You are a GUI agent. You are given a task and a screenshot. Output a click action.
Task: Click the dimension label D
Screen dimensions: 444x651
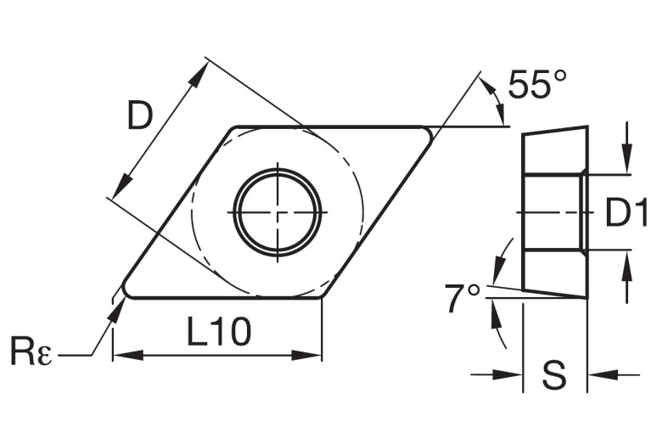coord(140,115)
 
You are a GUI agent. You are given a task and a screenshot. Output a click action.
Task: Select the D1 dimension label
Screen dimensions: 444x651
coord(626,214)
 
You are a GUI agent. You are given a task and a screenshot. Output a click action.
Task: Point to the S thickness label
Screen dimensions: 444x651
coord(554,374)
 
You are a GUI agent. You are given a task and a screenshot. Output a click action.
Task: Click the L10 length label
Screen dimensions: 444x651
coord(218,332)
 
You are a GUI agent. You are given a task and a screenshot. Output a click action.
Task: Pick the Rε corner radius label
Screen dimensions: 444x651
coord(31,351)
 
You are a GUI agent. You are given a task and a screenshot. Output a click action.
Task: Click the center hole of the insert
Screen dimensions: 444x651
coord(279,211)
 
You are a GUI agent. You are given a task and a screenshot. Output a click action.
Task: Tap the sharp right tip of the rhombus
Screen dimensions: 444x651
coord(431,129)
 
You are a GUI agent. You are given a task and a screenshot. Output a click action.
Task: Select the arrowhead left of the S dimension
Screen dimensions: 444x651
coord(509,374)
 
